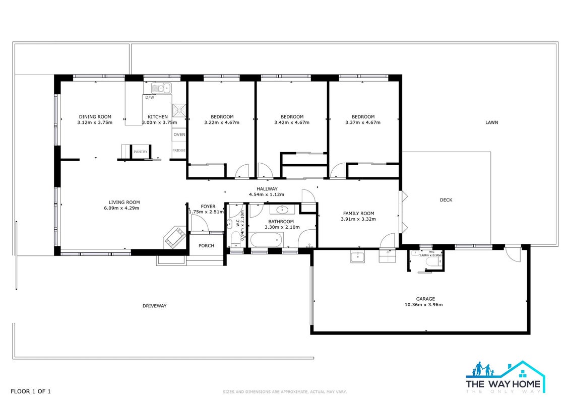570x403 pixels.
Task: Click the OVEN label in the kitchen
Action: click(x=179, y=135)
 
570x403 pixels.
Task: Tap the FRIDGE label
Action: click(x=179, y=150)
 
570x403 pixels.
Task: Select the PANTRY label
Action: click(x=140, y=152)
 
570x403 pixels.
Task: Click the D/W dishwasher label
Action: click(x=149, y=97)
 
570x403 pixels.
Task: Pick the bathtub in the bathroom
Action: click(x=267, y=240)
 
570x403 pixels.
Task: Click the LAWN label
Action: click(x=491, y=122)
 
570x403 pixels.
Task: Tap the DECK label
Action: click(x=446, y=200)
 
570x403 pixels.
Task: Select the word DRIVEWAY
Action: click(x=155, y=306)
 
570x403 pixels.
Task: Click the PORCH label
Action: click(x=206, y=246)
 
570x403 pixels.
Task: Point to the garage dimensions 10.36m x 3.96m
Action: click(x=423, y=305)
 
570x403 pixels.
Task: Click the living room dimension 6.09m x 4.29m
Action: click(x=121, y=208)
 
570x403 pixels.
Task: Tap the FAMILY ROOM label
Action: click(x=358, y=213)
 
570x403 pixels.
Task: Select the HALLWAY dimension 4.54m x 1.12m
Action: click(x=267, y=194)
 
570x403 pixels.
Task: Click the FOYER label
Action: click(x=208, y=207)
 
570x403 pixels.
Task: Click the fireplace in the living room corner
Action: click(x=175, y=238)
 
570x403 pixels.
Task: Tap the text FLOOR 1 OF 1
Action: click(x=31, y=391)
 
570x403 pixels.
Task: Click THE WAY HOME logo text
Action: click(x=503, y=384)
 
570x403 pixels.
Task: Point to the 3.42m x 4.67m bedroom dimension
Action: click(x=291, y=122)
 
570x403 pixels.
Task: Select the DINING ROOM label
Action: click(x=95, y=117)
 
